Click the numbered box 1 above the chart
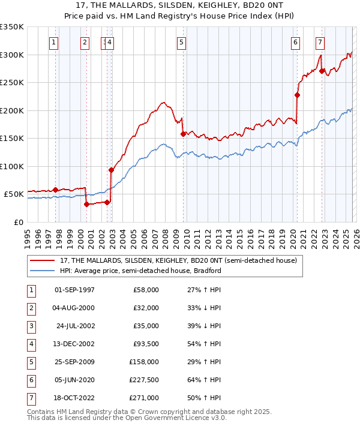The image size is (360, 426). (54, 43)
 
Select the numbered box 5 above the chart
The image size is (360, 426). (181, 43)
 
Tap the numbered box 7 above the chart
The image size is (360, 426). (320, 43)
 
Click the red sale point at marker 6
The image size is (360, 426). (297, 95)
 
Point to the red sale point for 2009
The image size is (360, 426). (183, 134)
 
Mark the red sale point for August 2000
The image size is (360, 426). (86, 204)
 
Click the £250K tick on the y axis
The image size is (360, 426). (12, 83)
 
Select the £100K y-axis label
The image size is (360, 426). (12, 166)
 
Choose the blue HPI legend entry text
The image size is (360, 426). (140, 271)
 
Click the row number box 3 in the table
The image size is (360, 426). (30, 326)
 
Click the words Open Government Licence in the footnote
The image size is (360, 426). (169, 419)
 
